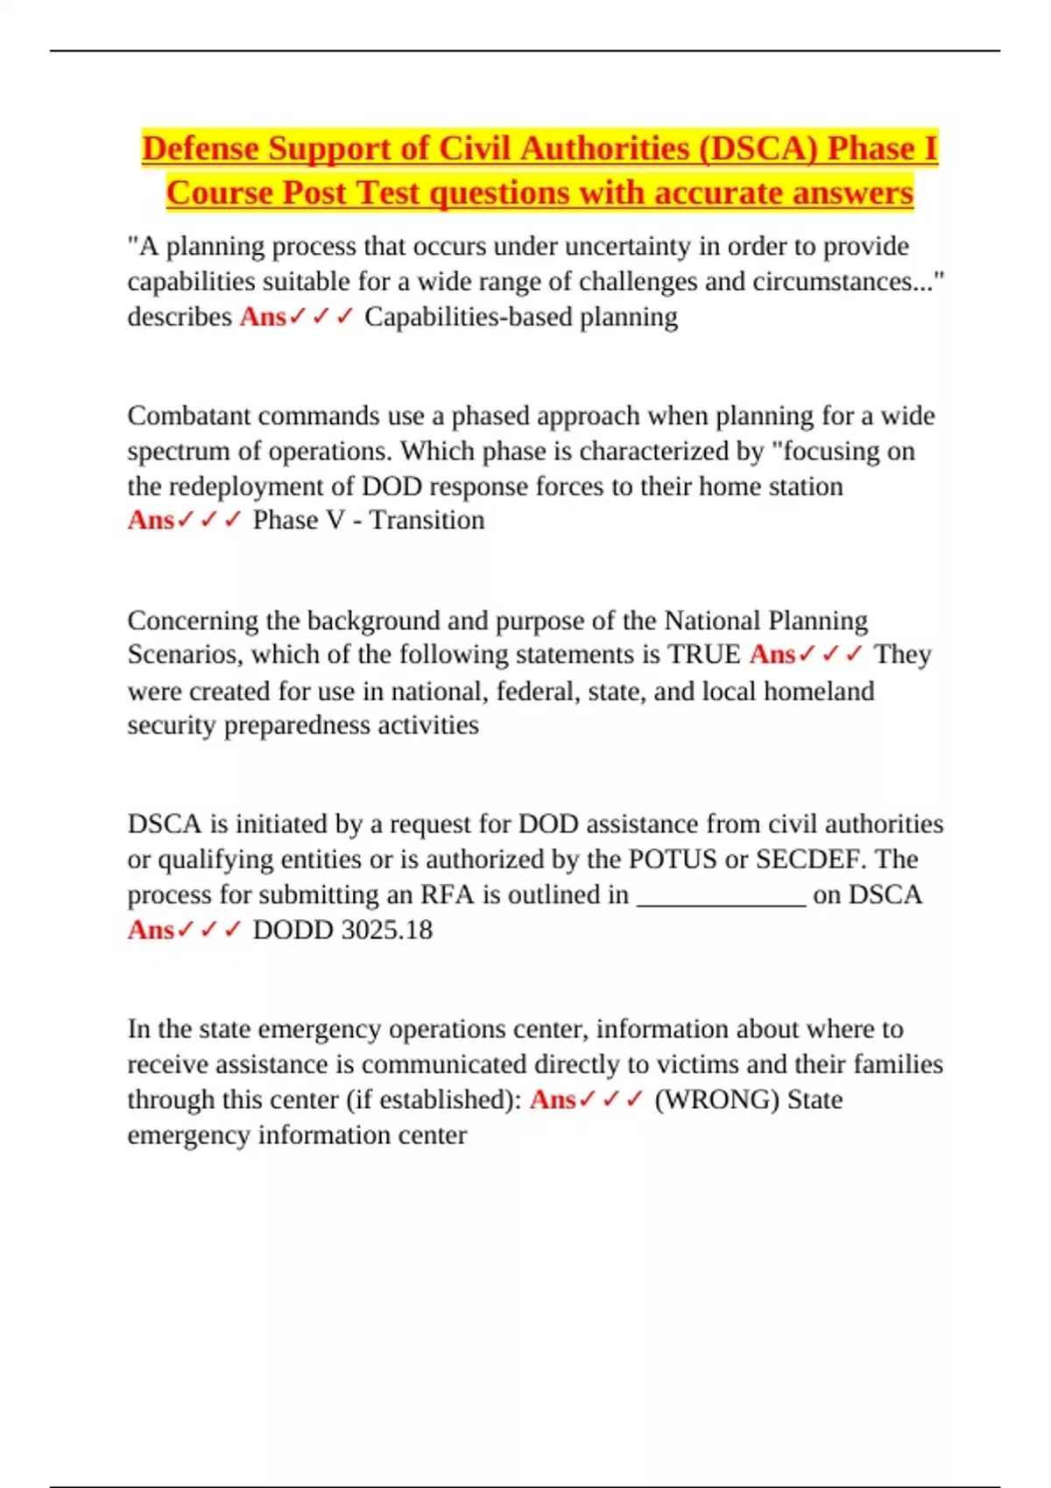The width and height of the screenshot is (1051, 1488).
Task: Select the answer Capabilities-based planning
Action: point(521,317)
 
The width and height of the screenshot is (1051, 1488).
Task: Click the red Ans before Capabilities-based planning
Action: point(263,317)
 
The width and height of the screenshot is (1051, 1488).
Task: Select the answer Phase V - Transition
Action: point(368,521)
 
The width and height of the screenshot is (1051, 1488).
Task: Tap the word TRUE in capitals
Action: point(704,655)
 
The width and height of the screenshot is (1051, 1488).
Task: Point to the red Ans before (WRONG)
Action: point(553,1100)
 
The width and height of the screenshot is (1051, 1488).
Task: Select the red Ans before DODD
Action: point(151,930)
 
